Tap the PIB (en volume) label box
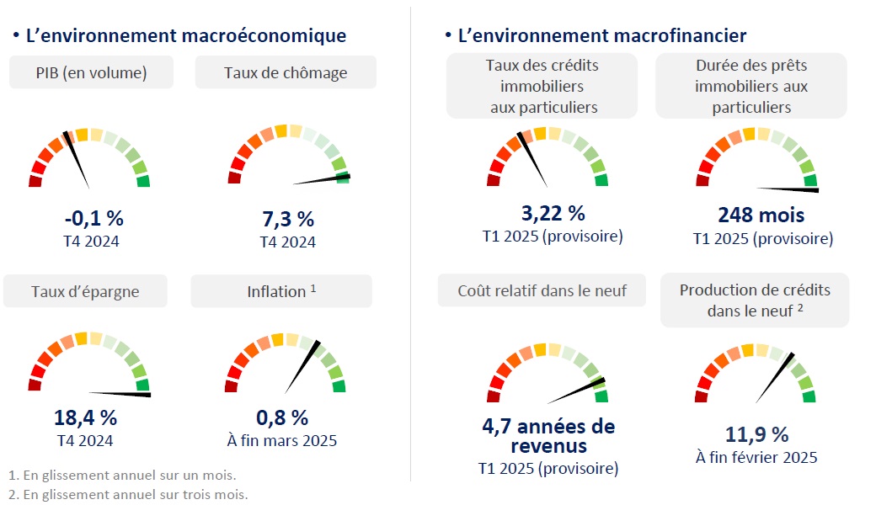pos(91,73)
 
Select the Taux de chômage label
pos(286,73)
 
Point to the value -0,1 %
pos(93,219)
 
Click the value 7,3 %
pos(288,220)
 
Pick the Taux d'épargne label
pos(85,292)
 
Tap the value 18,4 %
pos(85,417)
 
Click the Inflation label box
pos(281,292)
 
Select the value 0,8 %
pos(282,417)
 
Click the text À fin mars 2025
pos(282,440)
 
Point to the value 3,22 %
pos(553,213)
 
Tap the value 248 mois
pos(761,215)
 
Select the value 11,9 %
pos(756,434)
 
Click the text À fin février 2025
pos(756,458)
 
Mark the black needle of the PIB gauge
pos(77,159)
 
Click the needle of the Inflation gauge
pos(302,367)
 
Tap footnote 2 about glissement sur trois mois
pos(127,494)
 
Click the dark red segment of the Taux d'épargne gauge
pos(35,385)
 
